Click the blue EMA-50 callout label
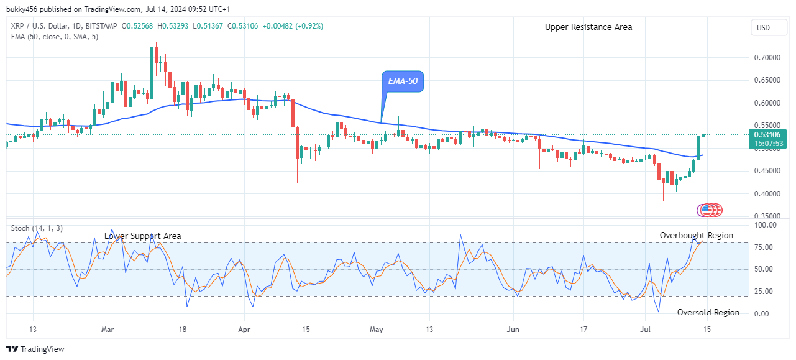402,81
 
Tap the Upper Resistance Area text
588,27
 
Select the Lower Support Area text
143,236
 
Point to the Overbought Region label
696,235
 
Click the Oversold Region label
708,312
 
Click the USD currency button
762,28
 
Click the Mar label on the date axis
108,329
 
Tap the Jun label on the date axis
513,329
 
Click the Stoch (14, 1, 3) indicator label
36,228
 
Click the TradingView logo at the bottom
35,349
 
